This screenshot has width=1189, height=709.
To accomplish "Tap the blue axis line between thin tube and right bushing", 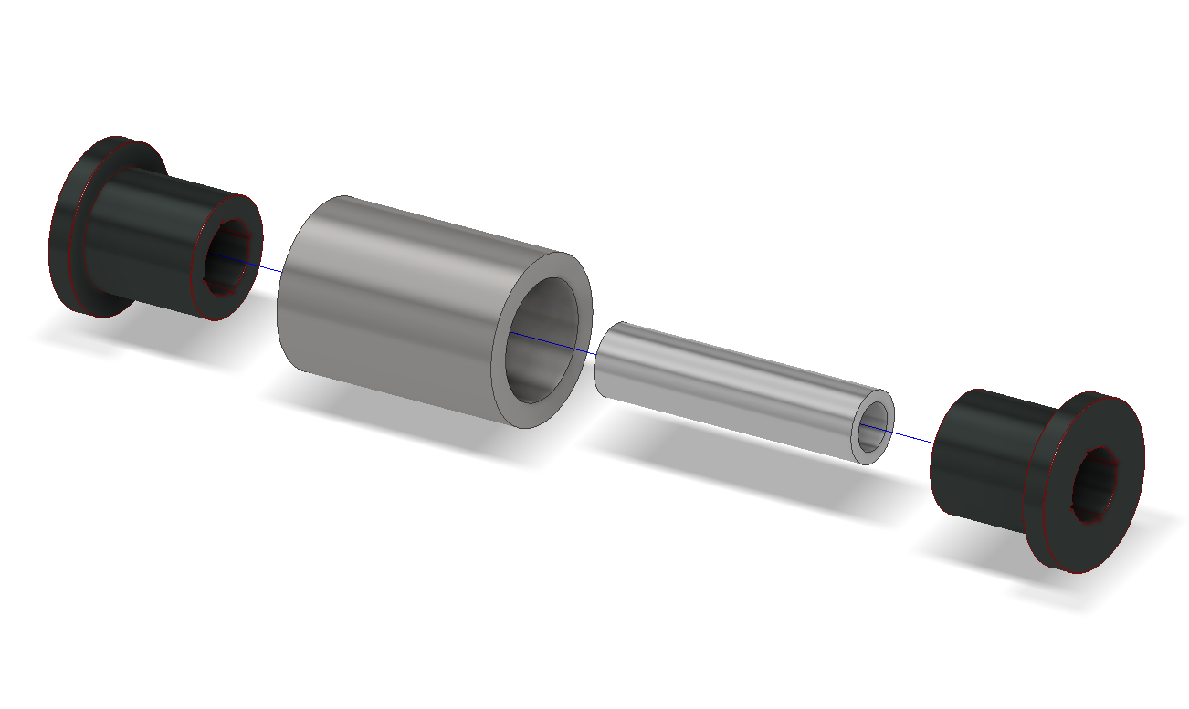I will tap(913, 436).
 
